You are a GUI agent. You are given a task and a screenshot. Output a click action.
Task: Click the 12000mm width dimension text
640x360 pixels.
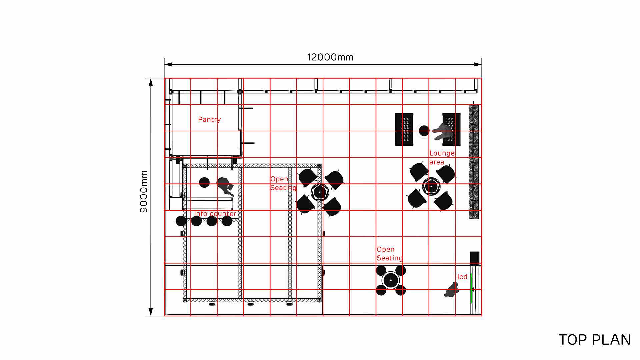point(330,57)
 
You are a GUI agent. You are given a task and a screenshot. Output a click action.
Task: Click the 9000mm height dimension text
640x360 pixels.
point(144,192)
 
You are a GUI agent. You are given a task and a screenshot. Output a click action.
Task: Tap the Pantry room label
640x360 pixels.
point(209,119)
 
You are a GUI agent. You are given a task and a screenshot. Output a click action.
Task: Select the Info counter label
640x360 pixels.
point(215,214)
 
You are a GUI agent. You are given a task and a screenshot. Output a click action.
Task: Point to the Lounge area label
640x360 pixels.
point(442,158)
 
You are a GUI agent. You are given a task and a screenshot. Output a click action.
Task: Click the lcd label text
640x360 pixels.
point(462,277)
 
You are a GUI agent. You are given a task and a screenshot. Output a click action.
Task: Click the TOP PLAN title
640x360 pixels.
point(595,340)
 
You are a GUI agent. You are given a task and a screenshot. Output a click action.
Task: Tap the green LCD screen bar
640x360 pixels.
point(471,288)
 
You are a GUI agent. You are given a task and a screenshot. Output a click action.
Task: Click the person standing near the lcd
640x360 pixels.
point(452,289)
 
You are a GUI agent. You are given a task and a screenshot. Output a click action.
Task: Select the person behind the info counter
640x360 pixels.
point(225,186)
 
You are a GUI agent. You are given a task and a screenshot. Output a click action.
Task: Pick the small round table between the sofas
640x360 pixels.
point(424,131)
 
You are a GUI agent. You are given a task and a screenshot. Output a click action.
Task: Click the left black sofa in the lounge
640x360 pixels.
point(404,129)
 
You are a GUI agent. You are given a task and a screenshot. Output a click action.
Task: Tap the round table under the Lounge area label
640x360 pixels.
point(431,186)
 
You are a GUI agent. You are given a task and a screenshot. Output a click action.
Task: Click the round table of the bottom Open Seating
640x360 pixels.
point(391,280)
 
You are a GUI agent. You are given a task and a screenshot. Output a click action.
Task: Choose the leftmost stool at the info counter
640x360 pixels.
point(181,221)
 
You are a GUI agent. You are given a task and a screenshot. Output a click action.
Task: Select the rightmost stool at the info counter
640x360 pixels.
point(227,221)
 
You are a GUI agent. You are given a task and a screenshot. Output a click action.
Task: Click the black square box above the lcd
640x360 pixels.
point(475,258)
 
